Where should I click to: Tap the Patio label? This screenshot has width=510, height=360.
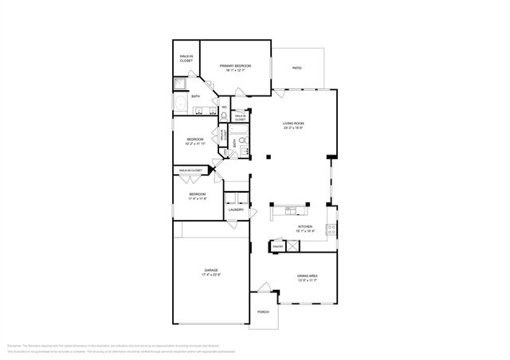298,67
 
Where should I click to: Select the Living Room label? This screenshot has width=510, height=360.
294,124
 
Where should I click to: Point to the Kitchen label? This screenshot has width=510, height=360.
304,227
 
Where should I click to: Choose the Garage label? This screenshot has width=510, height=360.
211,271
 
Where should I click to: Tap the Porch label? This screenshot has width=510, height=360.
263,311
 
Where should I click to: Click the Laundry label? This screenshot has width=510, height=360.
236,210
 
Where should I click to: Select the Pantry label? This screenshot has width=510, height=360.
278,247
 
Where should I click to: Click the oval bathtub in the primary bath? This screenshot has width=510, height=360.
180,106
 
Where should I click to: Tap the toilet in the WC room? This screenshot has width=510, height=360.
224,115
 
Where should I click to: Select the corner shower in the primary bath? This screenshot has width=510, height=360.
181,82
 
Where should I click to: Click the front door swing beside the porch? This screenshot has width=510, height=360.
264,287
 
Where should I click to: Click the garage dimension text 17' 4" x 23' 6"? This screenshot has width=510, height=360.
211,276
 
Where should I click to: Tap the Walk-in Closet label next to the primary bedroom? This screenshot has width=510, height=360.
186,58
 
